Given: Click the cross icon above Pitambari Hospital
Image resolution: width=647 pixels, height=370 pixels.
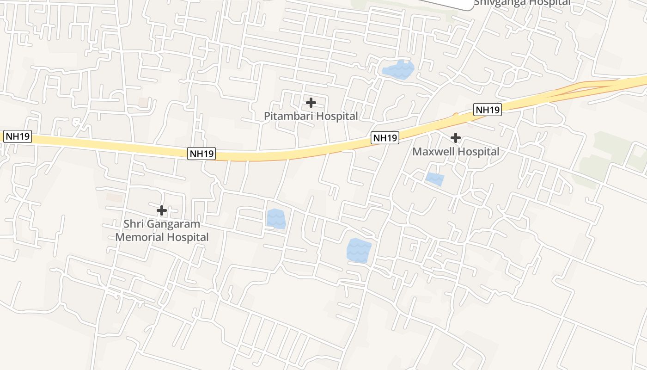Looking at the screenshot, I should (311, 102).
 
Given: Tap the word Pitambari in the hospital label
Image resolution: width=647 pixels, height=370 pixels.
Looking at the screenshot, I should (287, 116).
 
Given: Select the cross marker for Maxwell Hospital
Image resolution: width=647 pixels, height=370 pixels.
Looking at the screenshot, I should (456, 137).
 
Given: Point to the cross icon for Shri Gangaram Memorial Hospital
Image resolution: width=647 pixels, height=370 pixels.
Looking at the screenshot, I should (162, 210).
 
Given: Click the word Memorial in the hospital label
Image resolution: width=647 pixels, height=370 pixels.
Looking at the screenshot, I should (137, 237).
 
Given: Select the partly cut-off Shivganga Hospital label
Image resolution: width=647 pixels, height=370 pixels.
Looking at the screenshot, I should (522, 3).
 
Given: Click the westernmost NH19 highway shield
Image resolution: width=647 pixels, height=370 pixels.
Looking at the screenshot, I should (18, 137).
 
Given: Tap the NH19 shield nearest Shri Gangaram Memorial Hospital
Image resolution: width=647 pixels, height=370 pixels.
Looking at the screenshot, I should (201, 154).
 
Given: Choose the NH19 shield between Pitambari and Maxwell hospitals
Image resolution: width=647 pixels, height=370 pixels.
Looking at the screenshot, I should (385, 138).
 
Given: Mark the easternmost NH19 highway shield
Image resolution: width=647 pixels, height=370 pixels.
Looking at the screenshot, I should (488, 110).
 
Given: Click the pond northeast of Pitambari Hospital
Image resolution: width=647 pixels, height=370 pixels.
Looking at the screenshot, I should (398, 70).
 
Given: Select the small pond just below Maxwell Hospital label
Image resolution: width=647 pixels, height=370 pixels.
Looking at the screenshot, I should (434, 179).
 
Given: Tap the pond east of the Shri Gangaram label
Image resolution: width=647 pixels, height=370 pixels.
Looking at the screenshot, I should (276, 219).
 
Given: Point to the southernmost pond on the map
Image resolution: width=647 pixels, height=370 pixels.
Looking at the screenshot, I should (359, 250).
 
